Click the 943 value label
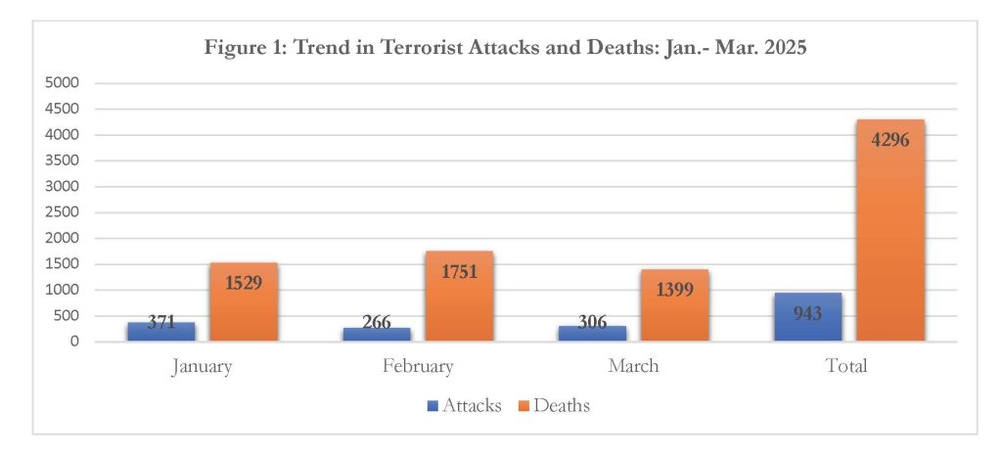tap(807, 313)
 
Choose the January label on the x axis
tap(202, 366)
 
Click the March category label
tap(633, 366)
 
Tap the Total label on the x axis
tap(847, 366)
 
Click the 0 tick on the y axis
tap(73, 342)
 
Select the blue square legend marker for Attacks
tap(433, 405)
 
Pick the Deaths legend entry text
tap(562, 404)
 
